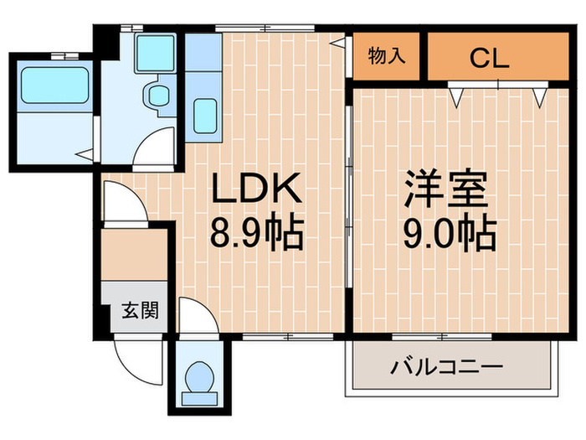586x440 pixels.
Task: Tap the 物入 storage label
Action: coord(387,57)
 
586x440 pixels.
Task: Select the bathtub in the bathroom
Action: coord(54,84)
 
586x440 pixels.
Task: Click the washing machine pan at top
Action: coord(156,52)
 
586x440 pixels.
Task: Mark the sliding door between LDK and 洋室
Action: coord(347,201)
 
